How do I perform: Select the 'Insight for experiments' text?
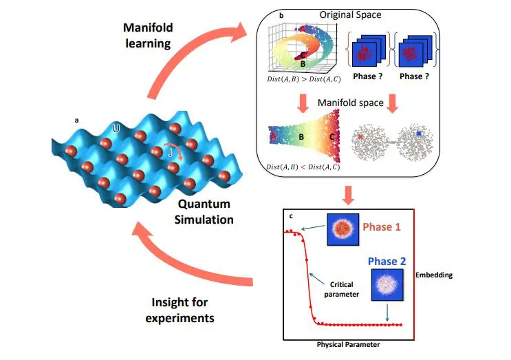tap(182, 310)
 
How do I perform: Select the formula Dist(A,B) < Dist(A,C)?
tap(298, 165)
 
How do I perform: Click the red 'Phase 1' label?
tap(383, 226)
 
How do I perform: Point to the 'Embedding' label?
tap(434, 275)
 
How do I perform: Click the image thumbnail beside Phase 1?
tap(339, 230)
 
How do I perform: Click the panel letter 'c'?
tap(291, 217)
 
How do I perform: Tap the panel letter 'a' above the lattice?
tap(76, 120)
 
